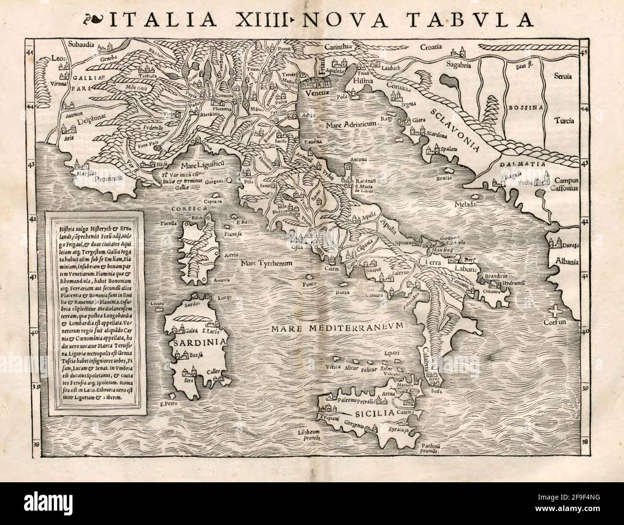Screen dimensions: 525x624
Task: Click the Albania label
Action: (x=566, y=262)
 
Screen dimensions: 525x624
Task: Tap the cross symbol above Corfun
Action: (x=555, y=310)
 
